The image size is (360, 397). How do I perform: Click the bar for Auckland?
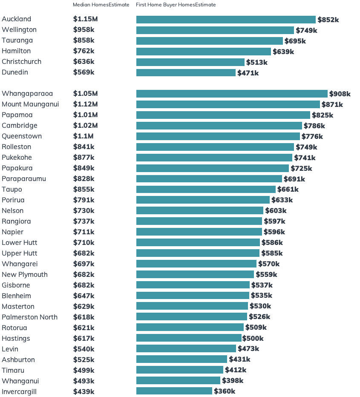pos(226,20)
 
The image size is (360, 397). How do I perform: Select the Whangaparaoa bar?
pos(232,94)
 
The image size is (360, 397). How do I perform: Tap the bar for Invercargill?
pos(174,391)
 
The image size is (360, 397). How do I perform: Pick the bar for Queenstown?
pos(218,136)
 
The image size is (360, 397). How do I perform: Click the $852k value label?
pos(328,20)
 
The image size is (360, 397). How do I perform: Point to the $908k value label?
pos(340,94)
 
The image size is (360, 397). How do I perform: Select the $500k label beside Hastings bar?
pos(253,338)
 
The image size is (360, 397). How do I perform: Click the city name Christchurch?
pos(22,62)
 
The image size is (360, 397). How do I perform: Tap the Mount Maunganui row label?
pos(30,104)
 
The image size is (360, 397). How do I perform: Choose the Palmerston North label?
pos(29,317)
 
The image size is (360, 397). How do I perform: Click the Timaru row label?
pos(13,370)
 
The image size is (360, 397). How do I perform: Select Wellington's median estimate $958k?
pos(84,30)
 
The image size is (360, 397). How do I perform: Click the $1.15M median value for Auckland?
pos(85,19)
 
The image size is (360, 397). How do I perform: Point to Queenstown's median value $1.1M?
pos(83,136)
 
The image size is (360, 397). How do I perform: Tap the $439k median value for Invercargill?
pos(84,391)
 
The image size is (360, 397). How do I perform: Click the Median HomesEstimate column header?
pos(101,5)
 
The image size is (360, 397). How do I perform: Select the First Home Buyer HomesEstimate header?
pos(176,5)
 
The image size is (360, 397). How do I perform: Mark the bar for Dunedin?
pos(186,73)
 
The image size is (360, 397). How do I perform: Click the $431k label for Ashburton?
pos(239,360)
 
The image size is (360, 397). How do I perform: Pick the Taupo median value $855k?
pos(84,190)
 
